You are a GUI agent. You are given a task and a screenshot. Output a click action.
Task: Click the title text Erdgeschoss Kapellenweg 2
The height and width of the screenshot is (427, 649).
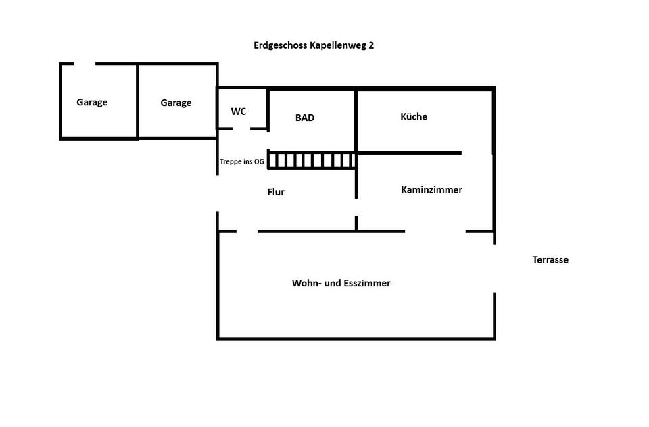tap(314, 45)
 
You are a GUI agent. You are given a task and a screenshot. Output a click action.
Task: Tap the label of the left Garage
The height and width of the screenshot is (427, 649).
tap(92, 102)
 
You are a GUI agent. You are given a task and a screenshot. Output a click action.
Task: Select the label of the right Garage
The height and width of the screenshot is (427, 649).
tap(176, 103)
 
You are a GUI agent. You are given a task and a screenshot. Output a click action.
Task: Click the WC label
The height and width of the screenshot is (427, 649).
tap(239, 111)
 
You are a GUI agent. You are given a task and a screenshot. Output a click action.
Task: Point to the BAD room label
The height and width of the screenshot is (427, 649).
tap(305, 118)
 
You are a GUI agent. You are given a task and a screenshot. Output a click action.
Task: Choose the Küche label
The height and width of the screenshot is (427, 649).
tap(414, 116)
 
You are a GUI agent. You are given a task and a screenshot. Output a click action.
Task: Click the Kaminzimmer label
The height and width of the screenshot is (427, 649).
tap(431, 189)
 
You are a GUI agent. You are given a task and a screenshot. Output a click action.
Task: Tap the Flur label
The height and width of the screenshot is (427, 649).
tap(276, 192)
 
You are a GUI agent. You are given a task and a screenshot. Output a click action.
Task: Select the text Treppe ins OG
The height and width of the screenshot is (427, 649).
tap(242, 161)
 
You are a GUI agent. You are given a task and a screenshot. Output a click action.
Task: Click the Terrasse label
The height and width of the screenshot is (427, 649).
tap(550, 260)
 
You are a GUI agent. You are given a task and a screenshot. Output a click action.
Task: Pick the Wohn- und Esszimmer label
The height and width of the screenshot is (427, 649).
tap(341, 283)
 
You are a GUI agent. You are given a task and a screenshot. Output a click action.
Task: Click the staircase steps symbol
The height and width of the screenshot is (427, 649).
tap(312, 161)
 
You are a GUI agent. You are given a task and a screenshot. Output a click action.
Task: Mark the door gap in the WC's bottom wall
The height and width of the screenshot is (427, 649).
tap(241, 128)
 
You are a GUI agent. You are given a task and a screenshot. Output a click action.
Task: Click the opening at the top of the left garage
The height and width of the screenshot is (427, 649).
tap(85, 64)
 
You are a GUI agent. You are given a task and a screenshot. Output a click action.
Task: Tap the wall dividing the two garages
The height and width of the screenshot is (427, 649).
tap(137, 101)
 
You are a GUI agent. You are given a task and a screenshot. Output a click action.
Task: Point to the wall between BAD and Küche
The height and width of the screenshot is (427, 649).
tap(356, 121)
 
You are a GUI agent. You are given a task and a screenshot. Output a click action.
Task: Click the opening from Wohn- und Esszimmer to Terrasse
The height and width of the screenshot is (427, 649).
tap(494, 268)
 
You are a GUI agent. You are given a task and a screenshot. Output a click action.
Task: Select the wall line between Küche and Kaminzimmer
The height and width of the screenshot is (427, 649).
tap(410, 153)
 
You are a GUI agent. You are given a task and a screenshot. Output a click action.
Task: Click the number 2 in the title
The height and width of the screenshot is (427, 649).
tap(371, 45)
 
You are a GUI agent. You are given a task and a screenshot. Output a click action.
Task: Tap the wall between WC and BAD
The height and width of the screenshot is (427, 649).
tap(268, 110)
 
